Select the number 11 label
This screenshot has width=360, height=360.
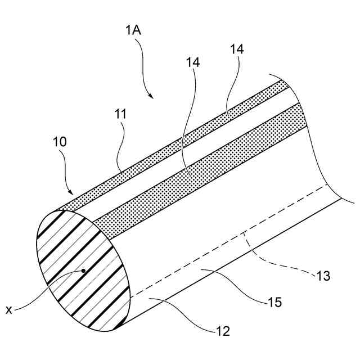point(121,115)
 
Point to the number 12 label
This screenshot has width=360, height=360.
point(223,331)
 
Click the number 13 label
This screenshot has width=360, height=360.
point(323,276)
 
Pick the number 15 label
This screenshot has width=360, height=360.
point(274,303)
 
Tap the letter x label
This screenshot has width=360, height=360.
point(8,309)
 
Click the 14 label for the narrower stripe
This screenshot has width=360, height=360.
point(237,50)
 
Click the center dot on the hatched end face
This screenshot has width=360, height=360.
point(83,271)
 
